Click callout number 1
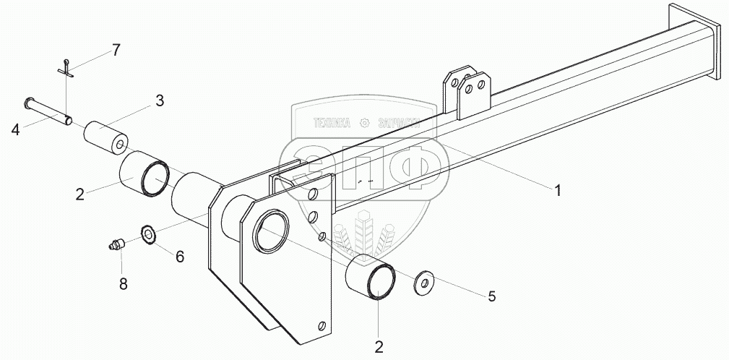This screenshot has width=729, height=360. click(556, 191)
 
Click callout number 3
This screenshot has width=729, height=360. click(160, 100)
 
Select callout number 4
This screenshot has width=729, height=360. click(15, 131)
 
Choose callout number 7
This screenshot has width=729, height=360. click(116, 51)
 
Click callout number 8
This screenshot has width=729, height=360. click(123, 284)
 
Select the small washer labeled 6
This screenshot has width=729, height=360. click(149, 233)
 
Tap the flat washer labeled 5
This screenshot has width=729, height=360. click(423, 283)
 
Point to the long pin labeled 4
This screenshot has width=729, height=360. click(48, 109)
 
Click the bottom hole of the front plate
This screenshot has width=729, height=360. click(322, 326)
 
